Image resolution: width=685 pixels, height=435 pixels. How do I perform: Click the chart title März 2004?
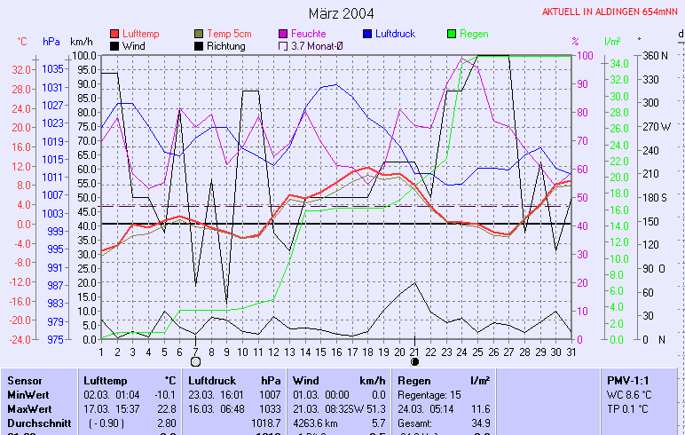pyautogui.click(x=342, y=13)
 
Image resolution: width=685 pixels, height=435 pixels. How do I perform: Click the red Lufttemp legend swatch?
pyautogui.click(x=114, y=34)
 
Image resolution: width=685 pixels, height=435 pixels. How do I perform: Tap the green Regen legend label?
pyautogui.click(x=474, y=34)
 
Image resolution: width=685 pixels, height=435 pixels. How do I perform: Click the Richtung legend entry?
pyautogui.click(x=226, y=45)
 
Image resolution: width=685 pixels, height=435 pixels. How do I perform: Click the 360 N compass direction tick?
pyautogui.click(x=654, y=55)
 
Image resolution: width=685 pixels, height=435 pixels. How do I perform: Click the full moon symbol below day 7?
pyautogui.click(x=195, y=361)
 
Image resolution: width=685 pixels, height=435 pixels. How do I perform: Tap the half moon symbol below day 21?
pyautogui.click(x=413, y=361)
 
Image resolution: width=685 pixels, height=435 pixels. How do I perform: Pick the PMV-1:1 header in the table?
pyautogui.click(x=628, y=380)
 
